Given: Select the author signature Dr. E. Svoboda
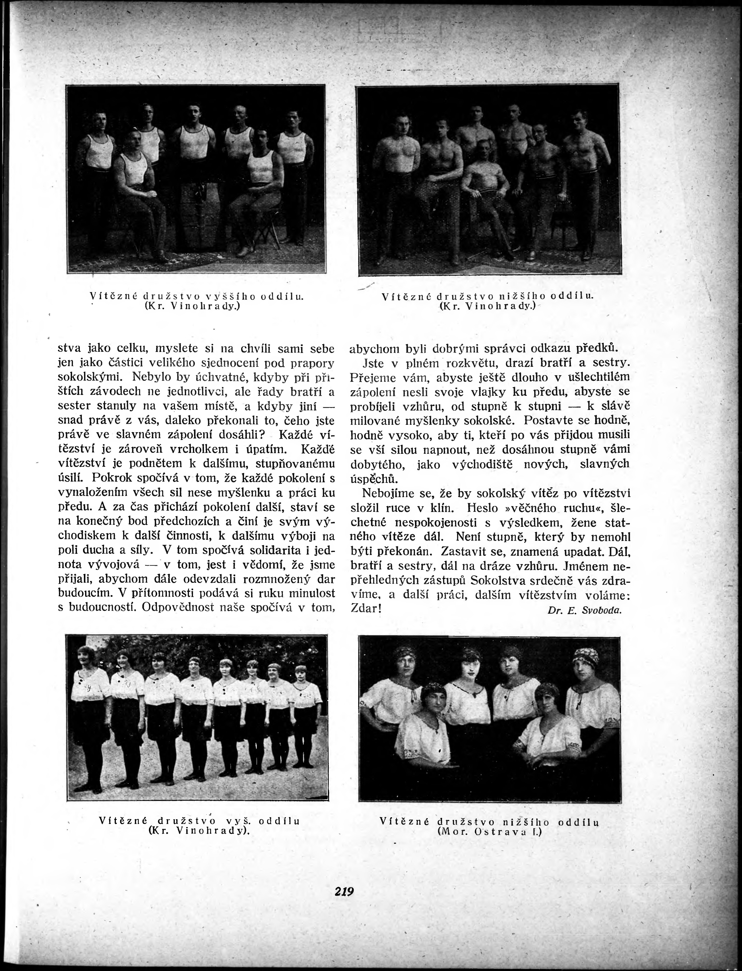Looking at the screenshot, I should tap(584, 611).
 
